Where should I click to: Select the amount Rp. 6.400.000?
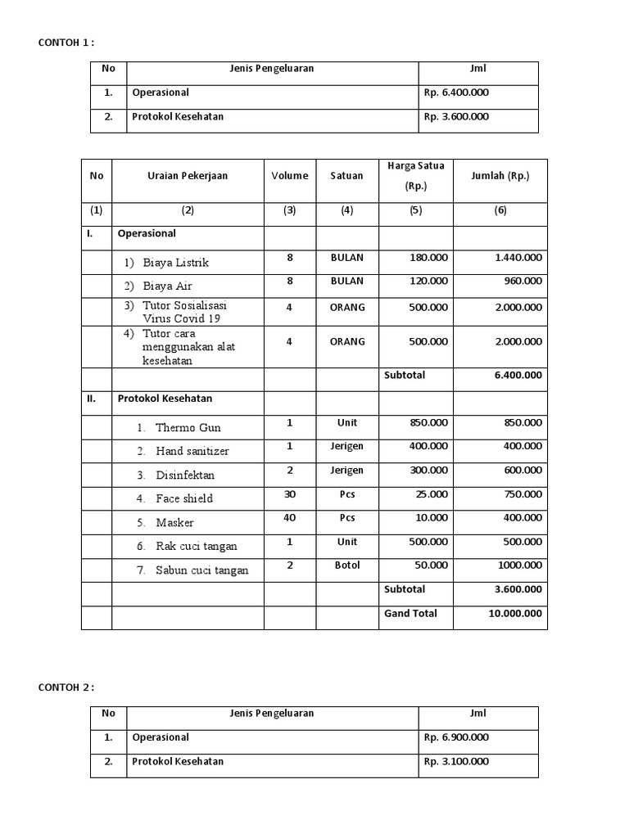(457, 92)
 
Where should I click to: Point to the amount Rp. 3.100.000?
(457, 761)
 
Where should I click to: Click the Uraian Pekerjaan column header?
(188, 176)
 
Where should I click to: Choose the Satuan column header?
(347, 176)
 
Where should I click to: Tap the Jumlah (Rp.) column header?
(500, 176)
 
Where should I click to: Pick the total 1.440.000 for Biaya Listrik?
(518, 257)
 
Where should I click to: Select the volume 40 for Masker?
(289, 518)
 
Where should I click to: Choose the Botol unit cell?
(347, 565)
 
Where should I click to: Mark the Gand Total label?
(410, 613)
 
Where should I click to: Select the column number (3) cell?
(289, 210)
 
